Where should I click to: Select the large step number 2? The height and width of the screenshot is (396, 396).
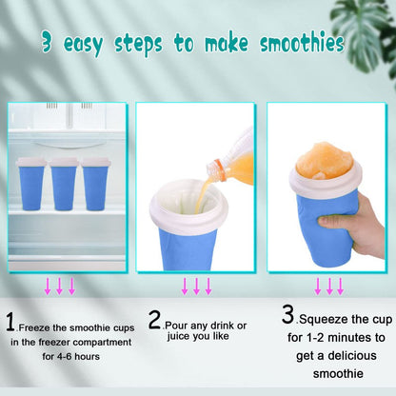pos(154,321)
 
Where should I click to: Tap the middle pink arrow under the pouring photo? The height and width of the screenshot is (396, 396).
pos(196,286)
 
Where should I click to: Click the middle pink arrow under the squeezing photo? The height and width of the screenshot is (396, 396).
pos(329,286)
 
